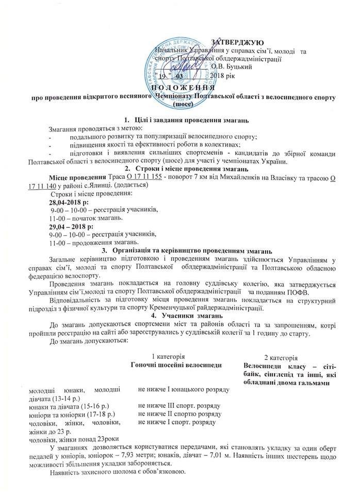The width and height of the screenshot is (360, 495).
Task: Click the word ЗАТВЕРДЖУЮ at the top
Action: tap(238, 41)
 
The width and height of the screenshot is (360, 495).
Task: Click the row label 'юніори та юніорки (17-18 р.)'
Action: tap(72, 414)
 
